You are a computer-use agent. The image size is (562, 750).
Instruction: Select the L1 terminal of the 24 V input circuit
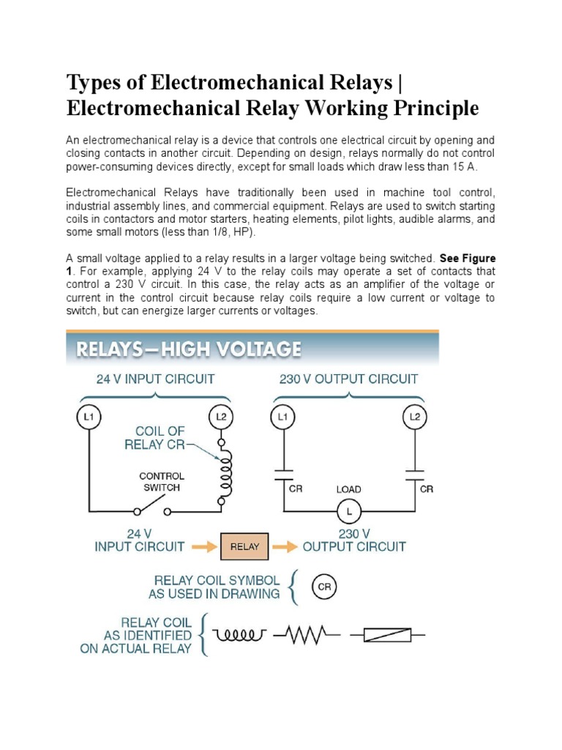(89, 417)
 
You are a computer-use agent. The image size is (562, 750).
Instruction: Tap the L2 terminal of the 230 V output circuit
(414, 417)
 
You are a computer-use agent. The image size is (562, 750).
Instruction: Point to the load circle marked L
(348, 510)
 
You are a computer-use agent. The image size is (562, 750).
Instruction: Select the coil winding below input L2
(225, 473)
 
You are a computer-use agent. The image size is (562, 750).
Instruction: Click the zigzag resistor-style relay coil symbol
(306, 636)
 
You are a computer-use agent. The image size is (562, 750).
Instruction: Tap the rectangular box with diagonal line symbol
(387, 636)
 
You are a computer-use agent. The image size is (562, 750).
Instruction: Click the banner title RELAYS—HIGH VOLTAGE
(184, 349)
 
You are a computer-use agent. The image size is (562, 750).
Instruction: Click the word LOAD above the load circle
(348, 489)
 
